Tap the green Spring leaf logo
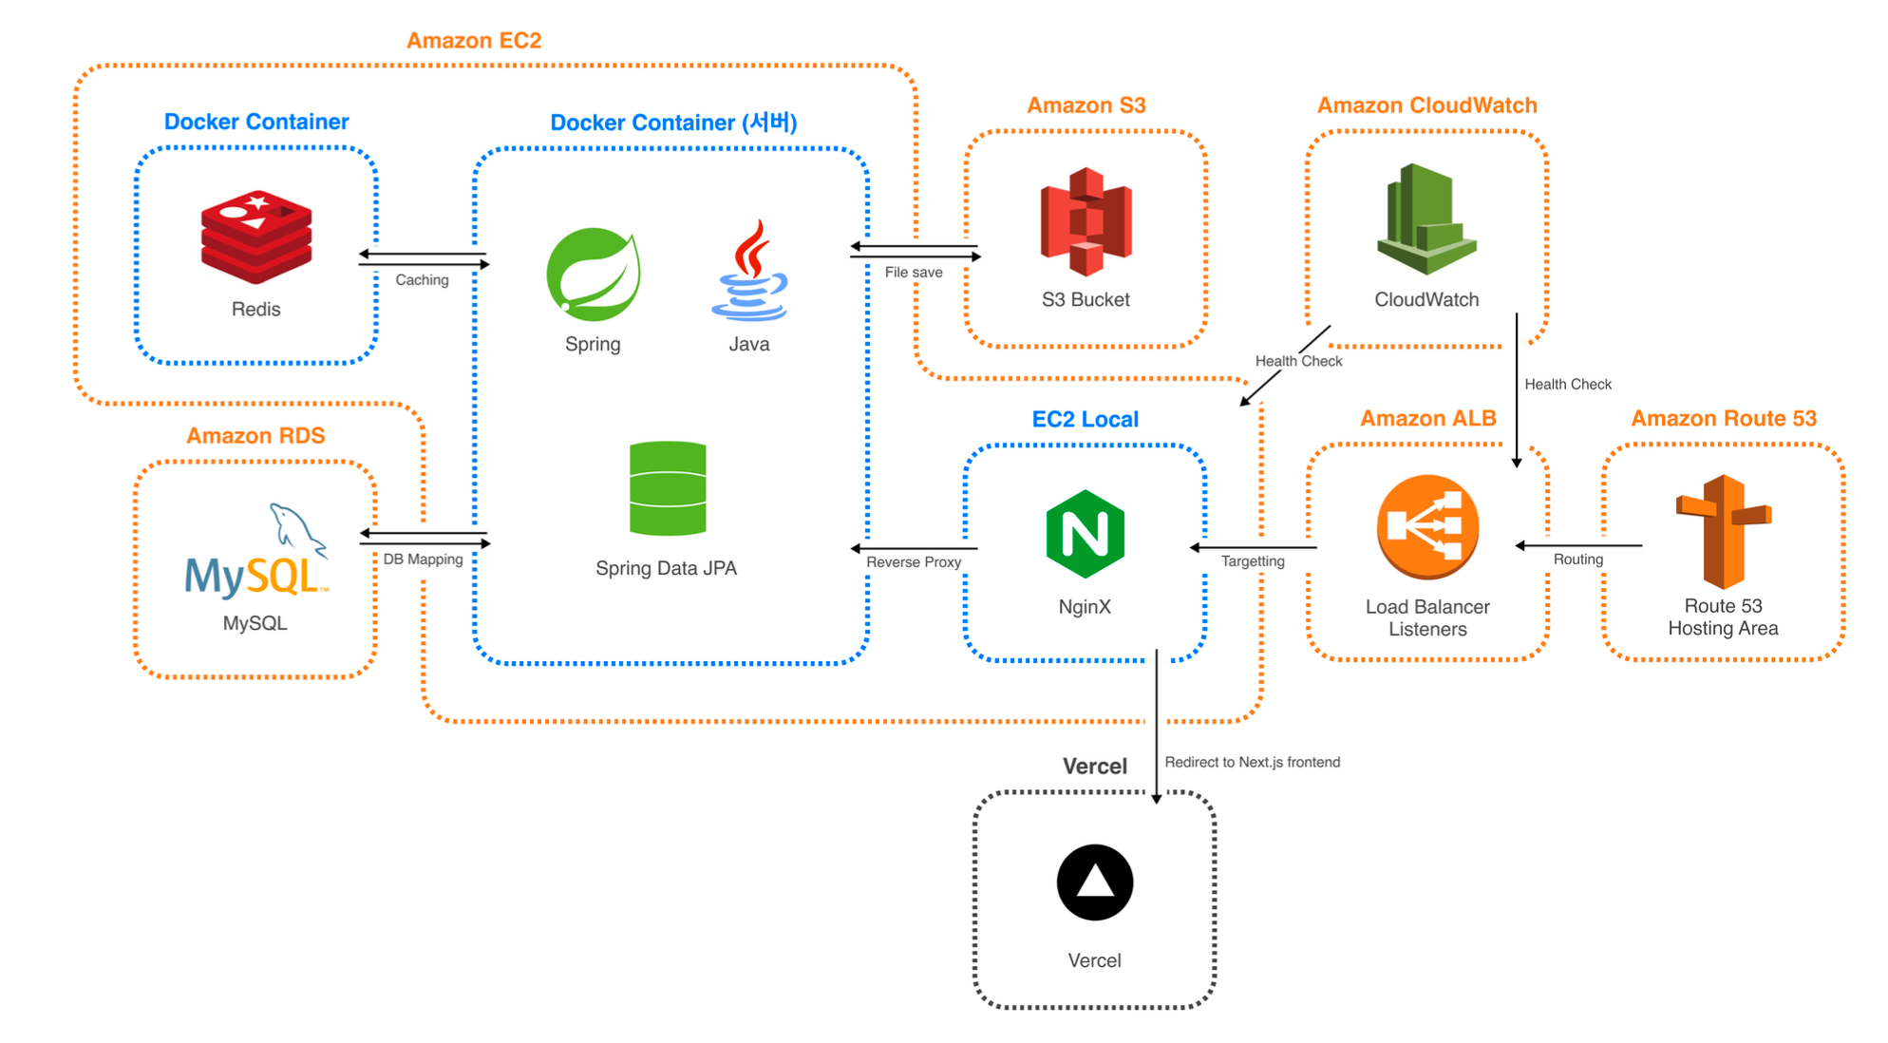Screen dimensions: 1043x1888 594,274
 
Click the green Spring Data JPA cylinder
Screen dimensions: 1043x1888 668,488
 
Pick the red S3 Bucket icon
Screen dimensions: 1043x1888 1086,221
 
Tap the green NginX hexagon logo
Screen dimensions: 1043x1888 1085,535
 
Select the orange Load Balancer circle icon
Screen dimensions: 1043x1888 1427,527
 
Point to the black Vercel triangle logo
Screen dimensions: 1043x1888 1095,882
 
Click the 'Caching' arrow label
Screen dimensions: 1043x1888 422,280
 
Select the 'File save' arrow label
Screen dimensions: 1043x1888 914,273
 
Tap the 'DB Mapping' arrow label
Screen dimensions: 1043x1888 423,559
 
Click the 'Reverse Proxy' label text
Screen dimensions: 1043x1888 914,562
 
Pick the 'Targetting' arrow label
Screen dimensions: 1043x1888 1253,561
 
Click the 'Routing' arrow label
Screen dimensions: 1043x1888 1578,559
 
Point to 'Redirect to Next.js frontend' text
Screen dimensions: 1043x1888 1253,762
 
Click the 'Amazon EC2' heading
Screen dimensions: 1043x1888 474,41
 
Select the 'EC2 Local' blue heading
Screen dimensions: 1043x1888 1085,419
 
